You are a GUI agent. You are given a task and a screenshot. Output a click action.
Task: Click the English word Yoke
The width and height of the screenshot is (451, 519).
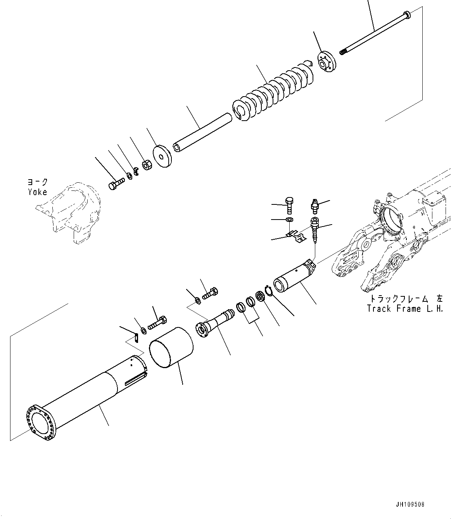click(x=37, y=192)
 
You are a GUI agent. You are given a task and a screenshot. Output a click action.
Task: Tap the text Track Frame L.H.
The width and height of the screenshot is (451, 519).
click(x=405, y=309)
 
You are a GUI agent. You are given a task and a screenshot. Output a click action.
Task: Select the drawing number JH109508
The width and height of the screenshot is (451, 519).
click(x=410, y=505)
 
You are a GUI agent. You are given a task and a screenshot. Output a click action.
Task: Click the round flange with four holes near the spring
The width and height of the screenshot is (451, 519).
click(x=327, y=61)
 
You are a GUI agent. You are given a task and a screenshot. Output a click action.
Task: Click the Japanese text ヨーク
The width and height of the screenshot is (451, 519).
click(x=37, y=182)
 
